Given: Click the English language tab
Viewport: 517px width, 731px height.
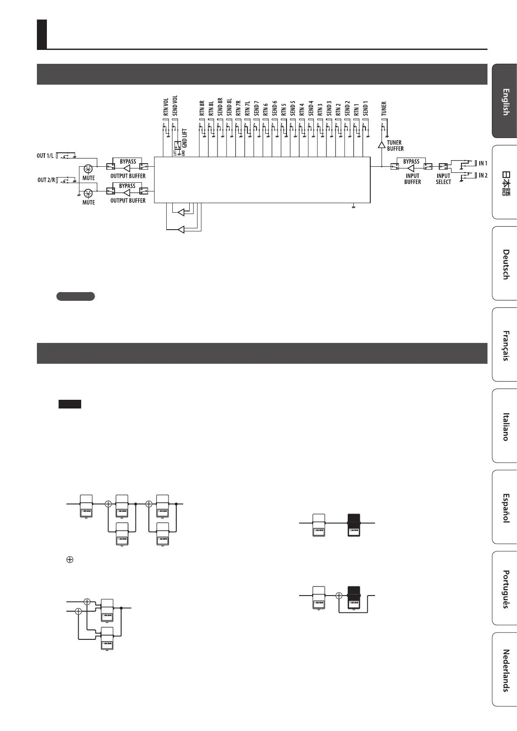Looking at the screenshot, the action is [x=505, y=102].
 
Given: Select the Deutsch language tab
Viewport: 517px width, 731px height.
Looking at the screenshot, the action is [x=505, y=264].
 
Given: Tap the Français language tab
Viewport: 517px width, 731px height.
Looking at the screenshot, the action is [x=505, y=345].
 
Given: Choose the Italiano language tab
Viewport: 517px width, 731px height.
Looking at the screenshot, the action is [x=505, y=426].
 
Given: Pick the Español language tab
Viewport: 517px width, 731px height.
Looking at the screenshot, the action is [x=505, y=507].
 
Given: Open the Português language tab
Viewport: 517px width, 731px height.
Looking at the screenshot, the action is [x=505, y=589].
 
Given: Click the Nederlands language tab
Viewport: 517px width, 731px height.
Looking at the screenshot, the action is [x=505, y=670].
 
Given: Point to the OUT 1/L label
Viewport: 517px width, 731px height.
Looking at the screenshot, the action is [x=46, y=156].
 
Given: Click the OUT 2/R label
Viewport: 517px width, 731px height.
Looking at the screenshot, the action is [x=46, y=180].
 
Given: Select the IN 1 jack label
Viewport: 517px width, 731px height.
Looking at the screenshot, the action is [x=483, y=164].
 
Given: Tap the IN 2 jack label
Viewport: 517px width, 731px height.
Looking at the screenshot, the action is [x=483, y=175].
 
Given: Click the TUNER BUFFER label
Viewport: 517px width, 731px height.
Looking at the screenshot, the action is [x=395, y=145].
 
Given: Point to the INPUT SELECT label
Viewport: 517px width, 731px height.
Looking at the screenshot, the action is [x=443, y=179].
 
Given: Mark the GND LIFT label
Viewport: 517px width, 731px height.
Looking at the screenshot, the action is [x=184, y=138].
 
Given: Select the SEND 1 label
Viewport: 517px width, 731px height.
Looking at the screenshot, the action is [x=366, y=109].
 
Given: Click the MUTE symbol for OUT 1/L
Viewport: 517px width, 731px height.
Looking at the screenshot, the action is [x=89, y=169].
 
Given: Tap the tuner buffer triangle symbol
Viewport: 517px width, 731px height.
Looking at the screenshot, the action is [x=382, y=145].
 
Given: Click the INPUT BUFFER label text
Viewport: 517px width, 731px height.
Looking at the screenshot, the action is [x=412, y=179].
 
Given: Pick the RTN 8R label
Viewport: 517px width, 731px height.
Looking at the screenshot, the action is [x=202, y=109].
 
